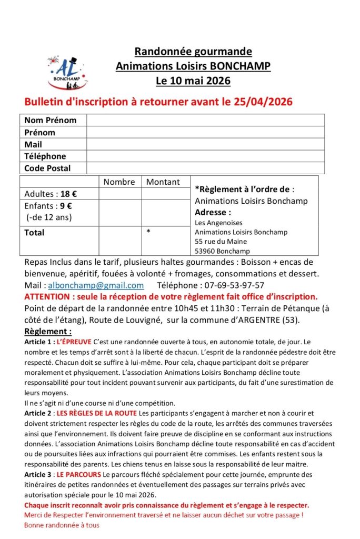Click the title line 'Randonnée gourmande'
(x=193, y=52)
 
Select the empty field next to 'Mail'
(x=205, y=144)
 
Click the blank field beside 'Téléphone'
(x=205, y=156)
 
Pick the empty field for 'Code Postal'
(x=205, y=168)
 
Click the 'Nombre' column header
(x=119, y=182)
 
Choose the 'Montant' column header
(x=163, y=182)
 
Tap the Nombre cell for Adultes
(x=120, y=194)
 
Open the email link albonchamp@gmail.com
(x=96, y=285)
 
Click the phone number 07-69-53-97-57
(x=234, y=285)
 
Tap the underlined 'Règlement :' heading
(x=48, y=332)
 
